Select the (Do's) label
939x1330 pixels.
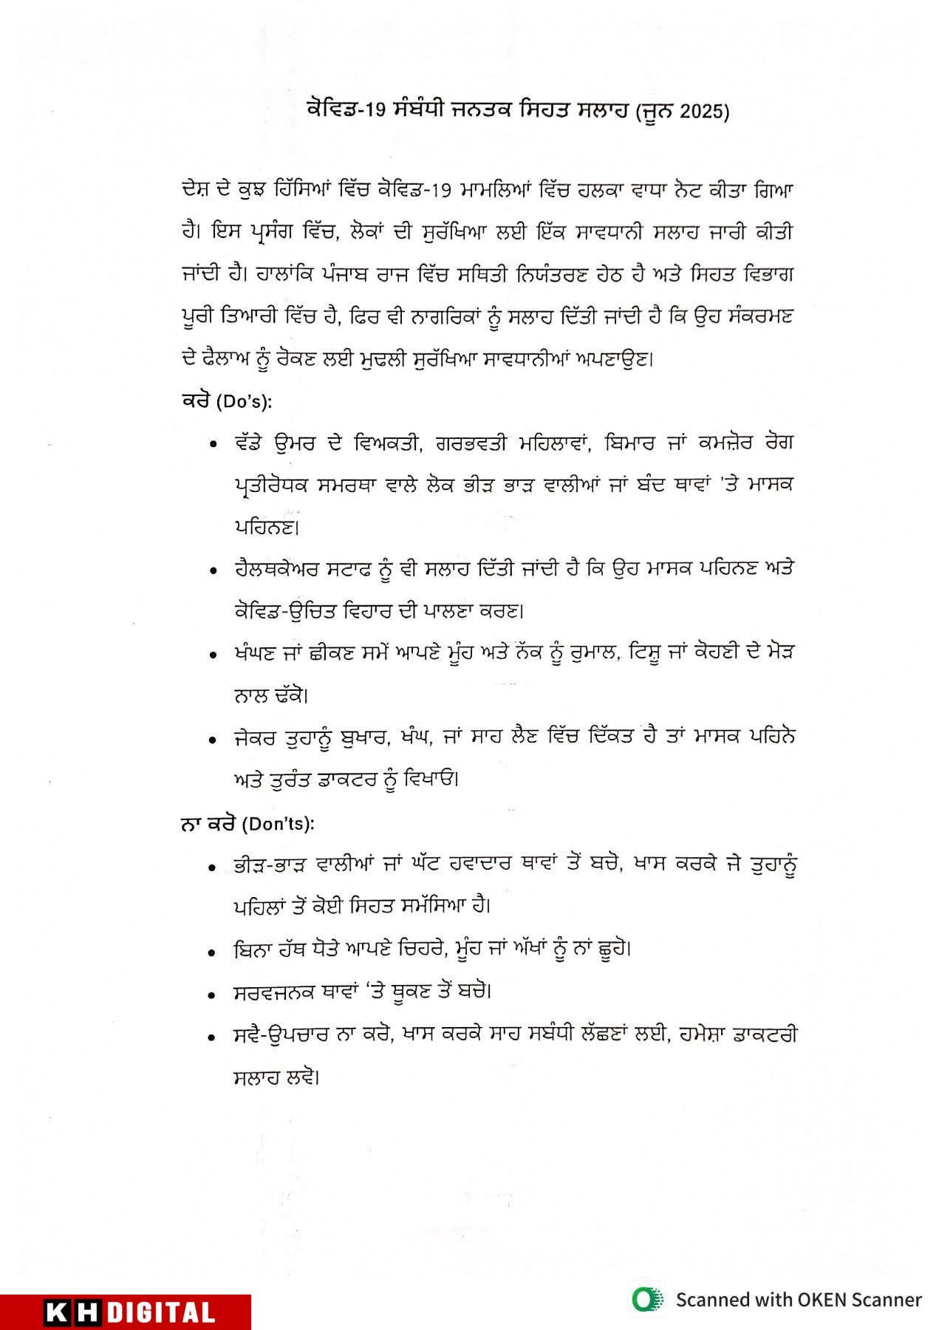tap(244, 402)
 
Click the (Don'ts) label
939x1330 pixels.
tap(278, 824)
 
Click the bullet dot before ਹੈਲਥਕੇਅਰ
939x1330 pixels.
tap(213, 571)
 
